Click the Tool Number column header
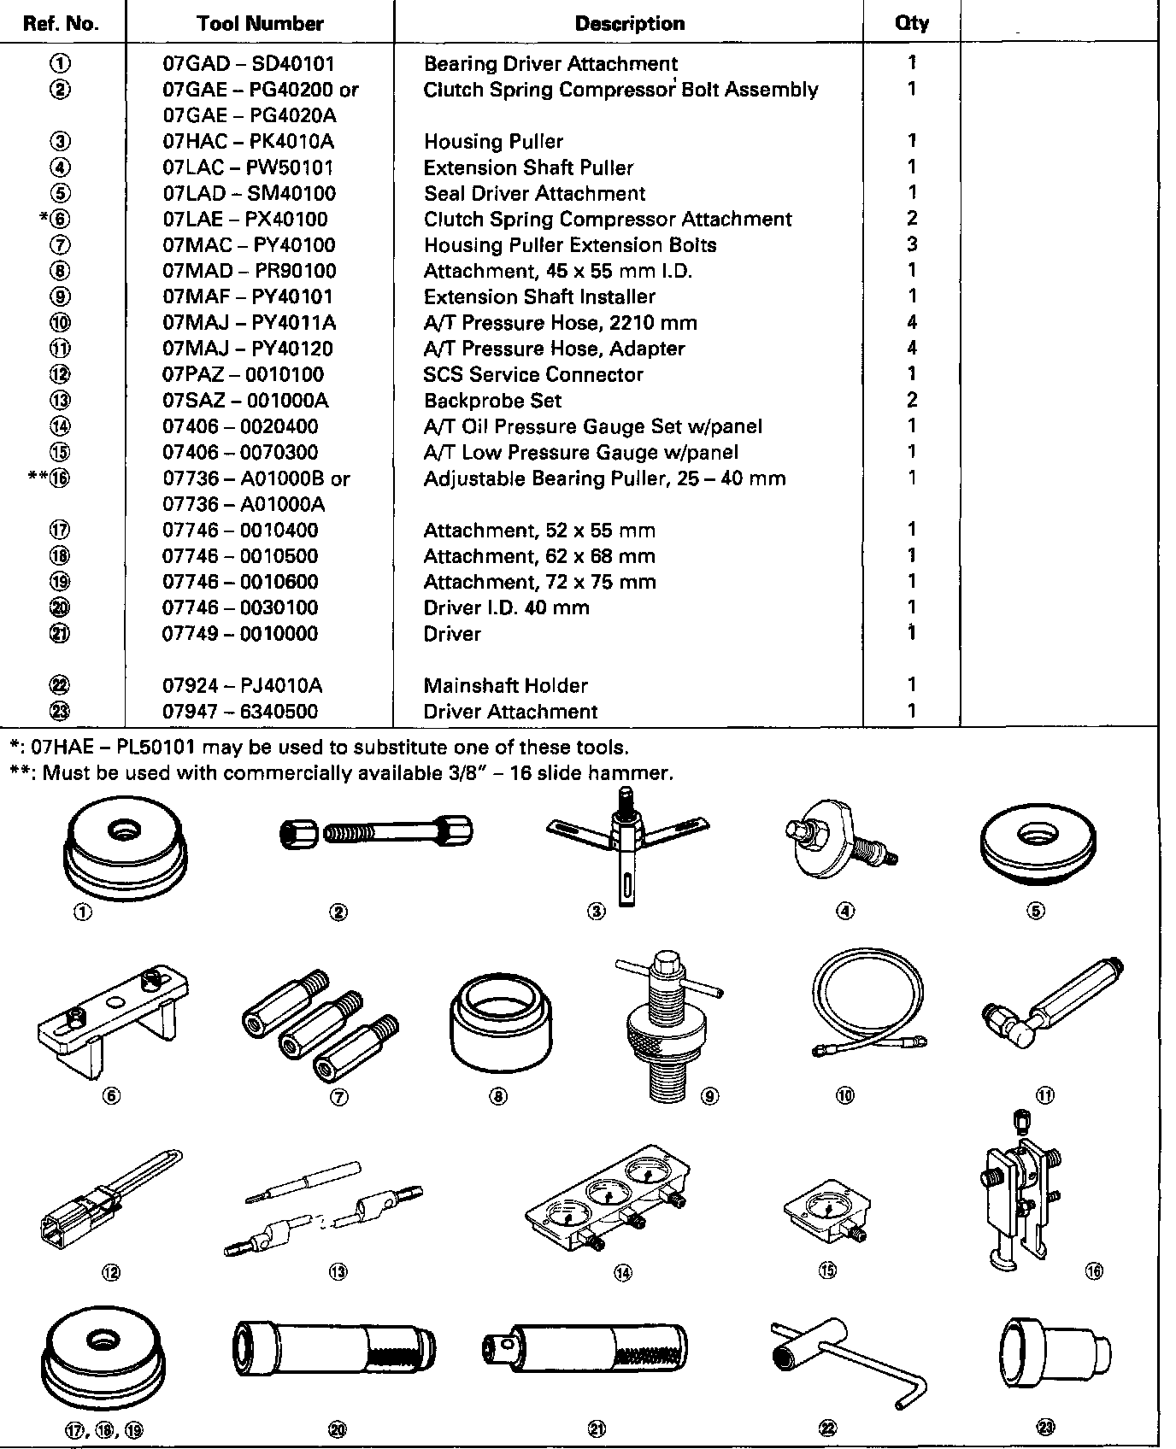tap(260, 24)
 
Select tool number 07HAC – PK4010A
tap(248, 142)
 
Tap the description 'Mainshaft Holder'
tap(506, 685)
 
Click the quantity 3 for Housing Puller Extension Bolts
tap(912, 244)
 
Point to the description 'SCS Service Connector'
tap(533, 374)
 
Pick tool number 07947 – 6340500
tap(240, 712)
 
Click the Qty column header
tap(912, 23)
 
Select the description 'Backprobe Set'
tap(493, 401)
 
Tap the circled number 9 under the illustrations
tap(709, 1096)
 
